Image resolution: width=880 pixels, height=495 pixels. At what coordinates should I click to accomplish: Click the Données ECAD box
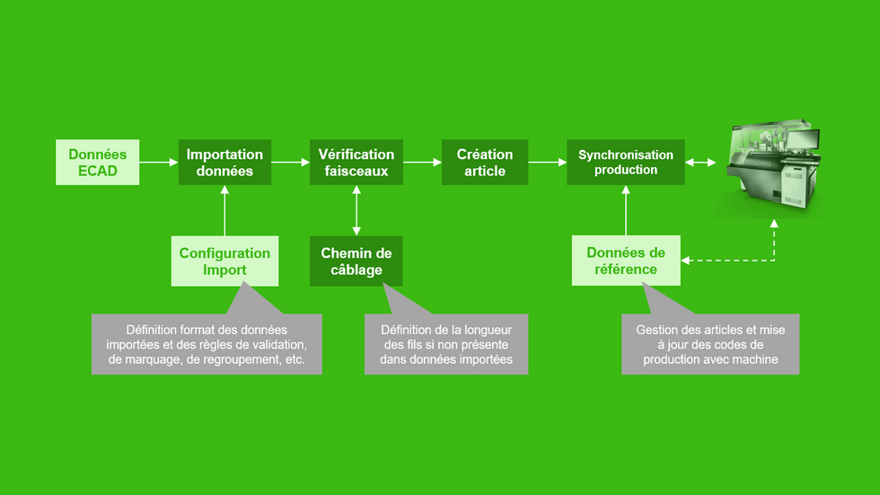[x=98, y=163]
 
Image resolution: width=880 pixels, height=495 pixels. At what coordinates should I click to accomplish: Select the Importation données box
[x=224, y=163]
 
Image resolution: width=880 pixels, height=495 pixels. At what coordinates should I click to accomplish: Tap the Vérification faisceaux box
[x=356, y=163]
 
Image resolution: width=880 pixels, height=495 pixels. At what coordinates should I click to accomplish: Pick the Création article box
[x=485, y=163]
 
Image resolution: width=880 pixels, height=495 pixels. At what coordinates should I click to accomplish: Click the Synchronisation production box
[x=626, y=163]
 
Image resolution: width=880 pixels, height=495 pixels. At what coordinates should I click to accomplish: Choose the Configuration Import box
[x=224, y=261]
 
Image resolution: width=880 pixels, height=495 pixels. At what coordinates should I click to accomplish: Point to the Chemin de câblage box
[x=356, y=261]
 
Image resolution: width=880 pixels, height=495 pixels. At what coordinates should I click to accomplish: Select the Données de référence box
[x=626, y=261]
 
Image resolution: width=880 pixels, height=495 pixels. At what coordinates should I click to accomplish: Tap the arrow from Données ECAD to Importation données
[x=159, y=163]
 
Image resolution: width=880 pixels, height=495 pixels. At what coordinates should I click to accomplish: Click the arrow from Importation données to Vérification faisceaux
[x=290, y=163]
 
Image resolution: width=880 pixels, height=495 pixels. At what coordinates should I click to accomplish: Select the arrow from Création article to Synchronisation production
[x=547, y=163]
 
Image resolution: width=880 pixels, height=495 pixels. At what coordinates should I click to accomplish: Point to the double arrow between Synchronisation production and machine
[x=700, y=163]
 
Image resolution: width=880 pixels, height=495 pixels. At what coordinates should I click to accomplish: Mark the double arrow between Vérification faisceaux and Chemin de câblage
[x=356, y=210]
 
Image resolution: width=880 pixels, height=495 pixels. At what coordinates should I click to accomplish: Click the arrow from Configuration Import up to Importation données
[x=224, y=210]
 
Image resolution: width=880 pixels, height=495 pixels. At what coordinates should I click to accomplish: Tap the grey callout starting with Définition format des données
[x=207, y=345]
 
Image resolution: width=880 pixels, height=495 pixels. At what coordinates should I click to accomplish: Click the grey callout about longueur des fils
[x=446, y=345]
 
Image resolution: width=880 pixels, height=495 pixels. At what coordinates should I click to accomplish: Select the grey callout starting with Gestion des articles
[x=710, y=345]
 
